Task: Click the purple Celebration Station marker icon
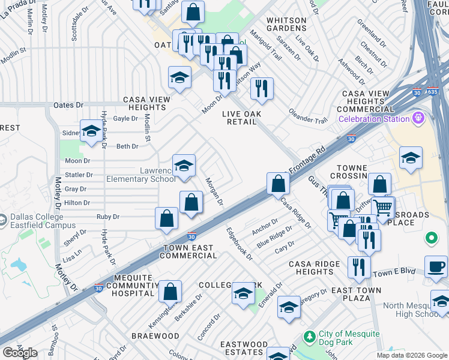click(420, 118)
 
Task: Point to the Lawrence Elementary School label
click(141, 175)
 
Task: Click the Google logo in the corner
click(20, 353)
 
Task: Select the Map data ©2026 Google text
click(411, 355)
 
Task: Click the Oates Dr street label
click(68, 105)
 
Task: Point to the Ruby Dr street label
click(108, 217)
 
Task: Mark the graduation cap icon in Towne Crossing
click(411, 157)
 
